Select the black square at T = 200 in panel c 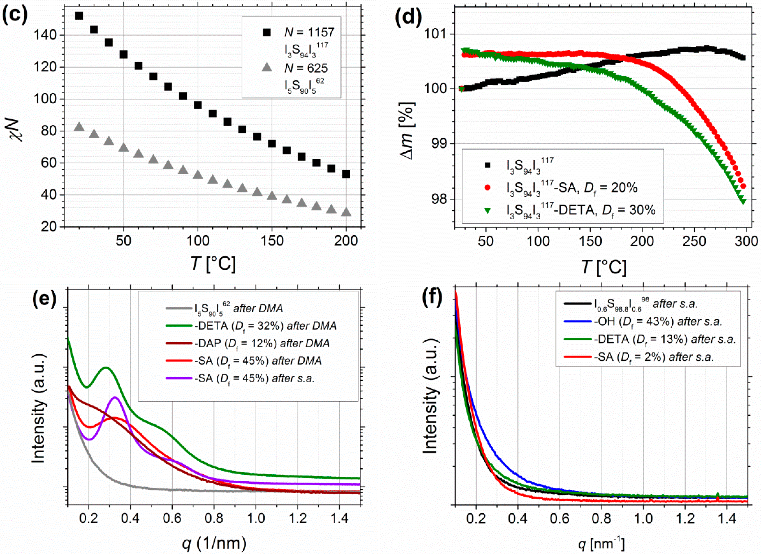[346, 174]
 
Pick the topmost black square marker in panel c [79, 16]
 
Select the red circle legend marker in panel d [488, 188]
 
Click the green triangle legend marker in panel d [488, 210]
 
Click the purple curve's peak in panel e [115, 397]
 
